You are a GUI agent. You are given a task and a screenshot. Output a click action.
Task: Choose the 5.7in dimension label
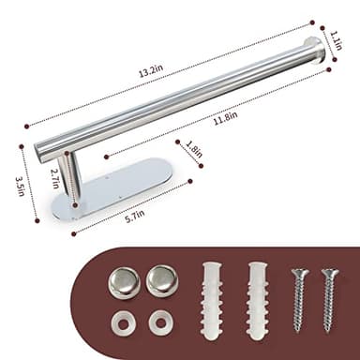pyautogui.click(x=135, y=215)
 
